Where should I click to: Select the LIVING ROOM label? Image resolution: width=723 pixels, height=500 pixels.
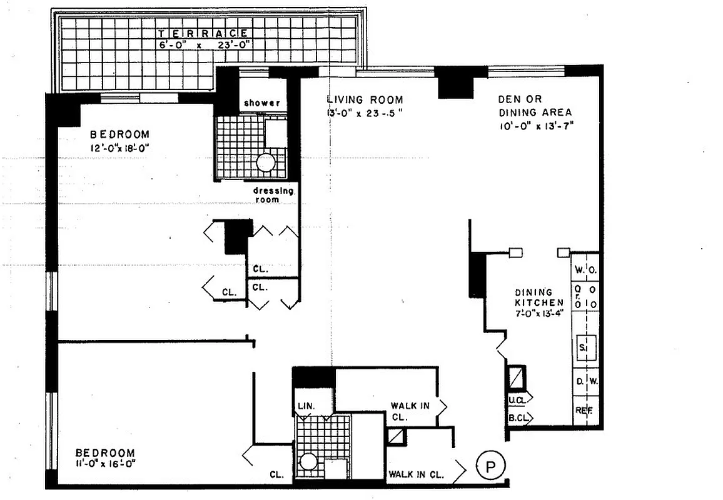click(x=365, y=99)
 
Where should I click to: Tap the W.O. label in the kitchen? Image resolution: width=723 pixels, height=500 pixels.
click(x=585, y=271)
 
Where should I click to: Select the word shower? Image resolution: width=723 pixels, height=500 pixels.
click(x=261, y=102)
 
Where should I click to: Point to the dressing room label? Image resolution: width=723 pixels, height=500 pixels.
click(x=273, y=194)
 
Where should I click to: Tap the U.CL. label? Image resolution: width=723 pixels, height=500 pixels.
click(x=517, y=399)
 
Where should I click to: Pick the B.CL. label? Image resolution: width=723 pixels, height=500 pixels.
click(x=517, y=417)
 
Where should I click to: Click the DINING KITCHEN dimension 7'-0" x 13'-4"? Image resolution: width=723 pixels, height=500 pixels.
click(x=533, y=314)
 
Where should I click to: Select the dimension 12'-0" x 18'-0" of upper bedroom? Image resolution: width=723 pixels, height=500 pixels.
click(x=119, y=148)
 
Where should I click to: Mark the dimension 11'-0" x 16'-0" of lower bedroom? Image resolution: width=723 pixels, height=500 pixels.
click(x=105, y=464)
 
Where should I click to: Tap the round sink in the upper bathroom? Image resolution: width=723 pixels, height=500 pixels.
click(x=266, y=164)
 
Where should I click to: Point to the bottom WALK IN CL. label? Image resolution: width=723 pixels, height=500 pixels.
click(x=417, y=474)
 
